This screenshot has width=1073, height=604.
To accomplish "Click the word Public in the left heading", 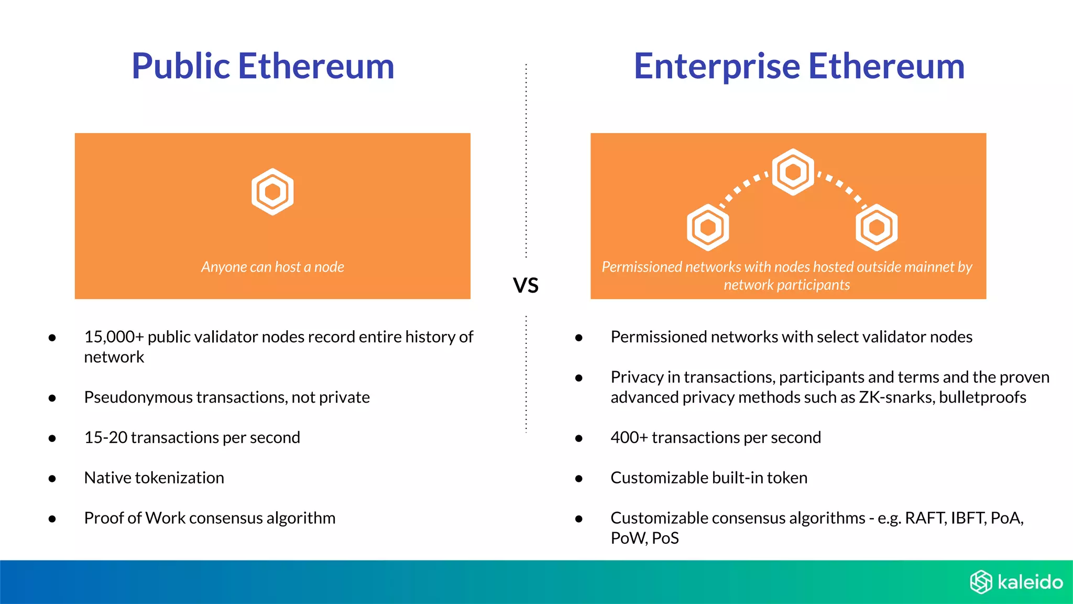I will (181, 67).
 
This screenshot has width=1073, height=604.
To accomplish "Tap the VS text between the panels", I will (525, 286).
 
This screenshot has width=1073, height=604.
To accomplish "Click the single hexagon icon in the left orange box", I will (272, 191).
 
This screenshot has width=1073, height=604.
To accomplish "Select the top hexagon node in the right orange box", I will (793, 172).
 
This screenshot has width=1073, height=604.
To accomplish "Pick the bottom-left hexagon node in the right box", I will (708, 228).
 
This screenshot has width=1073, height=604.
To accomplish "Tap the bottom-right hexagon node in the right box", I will (877, 228).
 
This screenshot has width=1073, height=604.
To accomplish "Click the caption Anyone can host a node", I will (272, 267).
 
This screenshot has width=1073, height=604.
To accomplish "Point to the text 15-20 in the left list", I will (105, 437).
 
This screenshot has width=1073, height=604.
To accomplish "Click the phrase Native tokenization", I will (154, 478).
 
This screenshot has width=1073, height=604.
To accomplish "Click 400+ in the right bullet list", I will (629, 437).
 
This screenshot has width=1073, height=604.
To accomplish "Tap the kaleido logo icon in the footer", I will (981, 582).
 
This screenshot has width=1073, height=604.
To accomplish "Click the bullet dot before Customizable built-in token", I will (579, 479).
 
